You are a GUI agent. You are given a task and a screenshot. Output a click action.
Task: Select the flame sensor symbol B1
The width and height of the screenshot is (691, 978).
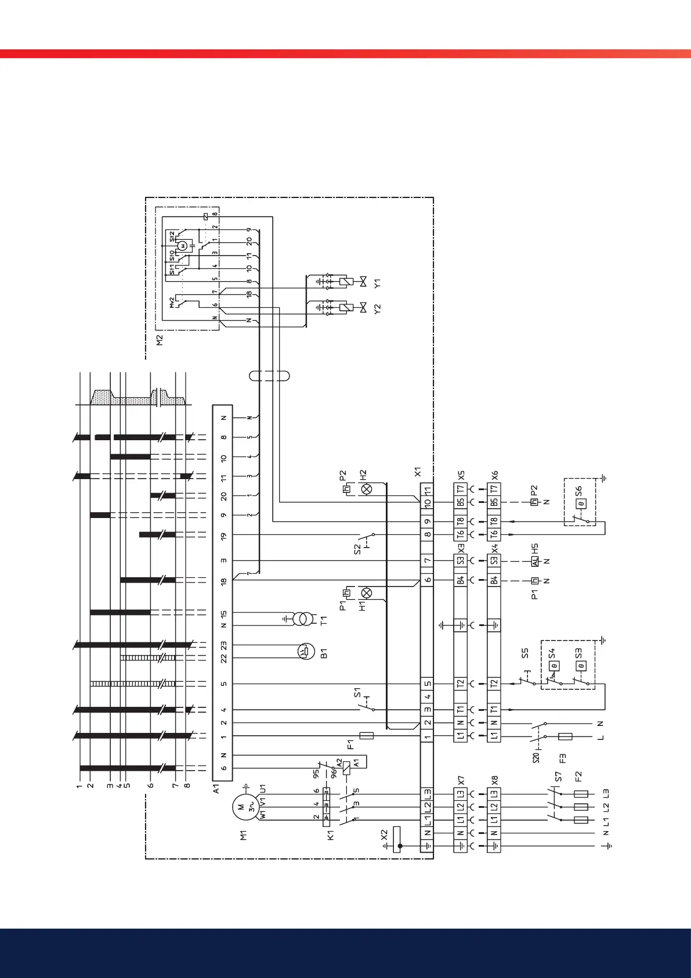point(305,652)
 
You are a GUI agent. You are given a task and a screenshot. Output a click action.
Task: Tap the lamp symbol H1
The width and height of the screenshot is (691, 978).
point(366,593)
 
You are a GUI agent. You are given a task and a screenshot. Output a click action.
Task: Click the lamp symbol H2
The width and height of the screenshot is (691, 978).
point(366,490)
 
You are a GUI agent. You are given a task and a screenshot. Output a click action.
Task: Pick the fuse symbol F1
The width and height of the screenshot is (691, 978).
point(367,736)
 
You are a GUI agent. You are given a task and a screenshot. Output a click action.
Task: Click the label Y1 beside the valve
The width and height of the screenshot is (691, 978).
point(378,284)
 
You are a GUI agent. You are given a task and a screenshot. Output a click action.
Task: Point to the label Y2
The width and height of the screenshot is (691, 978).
point(378,308)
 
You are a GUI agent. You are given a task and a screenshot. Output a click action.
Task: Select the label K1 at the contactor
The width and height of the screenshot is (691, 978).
point(331,835)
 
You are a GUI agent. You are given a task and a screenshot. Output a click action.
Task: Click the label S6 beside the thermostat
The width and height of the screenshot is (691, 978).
point(579,491)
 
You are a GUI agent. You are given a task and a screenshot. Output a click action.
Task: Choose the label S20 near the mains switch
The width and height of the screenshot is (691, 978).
point(537,757)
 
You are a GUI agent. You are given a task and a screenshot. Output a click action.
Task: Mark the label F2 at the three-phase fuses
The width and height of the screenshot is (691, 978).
point(578,776)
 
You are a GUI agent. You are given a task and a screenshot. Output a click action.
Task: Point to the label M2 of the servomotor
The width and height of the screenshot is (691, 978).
point(160,340)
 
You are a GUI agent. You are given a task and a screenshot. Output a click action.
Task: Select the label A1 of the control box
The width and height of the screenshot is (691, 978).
point(216,789)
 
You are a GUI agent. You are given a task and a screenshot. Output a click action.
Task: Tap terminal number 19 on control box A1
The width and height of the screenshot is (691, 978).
point(223,535)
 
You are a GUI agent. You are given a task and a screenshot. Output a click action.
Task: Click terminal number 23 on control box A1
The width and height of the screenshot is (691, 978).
point(223,645)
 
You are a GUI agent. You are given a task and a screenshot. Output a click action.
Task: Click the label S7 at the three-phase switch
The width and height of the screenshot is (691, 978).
point(558,776)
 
